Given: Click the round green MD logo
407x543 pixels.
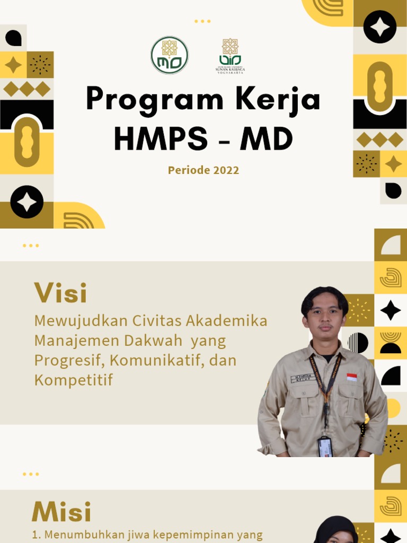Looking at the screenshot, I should point(170,55).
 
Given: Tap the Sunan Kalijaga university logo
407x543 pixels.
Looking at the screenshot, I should point(230,55).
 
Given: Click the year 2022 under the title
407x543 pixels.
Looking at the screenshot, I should point(226,170).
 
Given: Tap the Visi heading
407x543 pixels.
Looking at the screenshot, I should point(60,293).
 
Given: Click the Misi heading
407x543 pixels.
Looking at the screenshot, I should point(61,512).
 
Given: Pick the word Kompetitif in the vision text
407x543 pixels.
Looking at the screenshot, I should point(74,380).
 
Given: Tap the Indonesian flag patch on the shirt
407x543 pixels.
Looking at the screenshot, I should point(351,377).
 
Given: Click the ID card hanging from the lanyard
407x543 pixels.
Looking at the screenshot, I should point(325,447).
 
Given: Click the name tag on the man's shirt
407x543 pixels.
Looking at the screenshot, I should point(303,378).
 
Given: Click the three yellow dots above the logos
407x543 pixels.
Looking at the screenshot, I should point(202,21).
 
